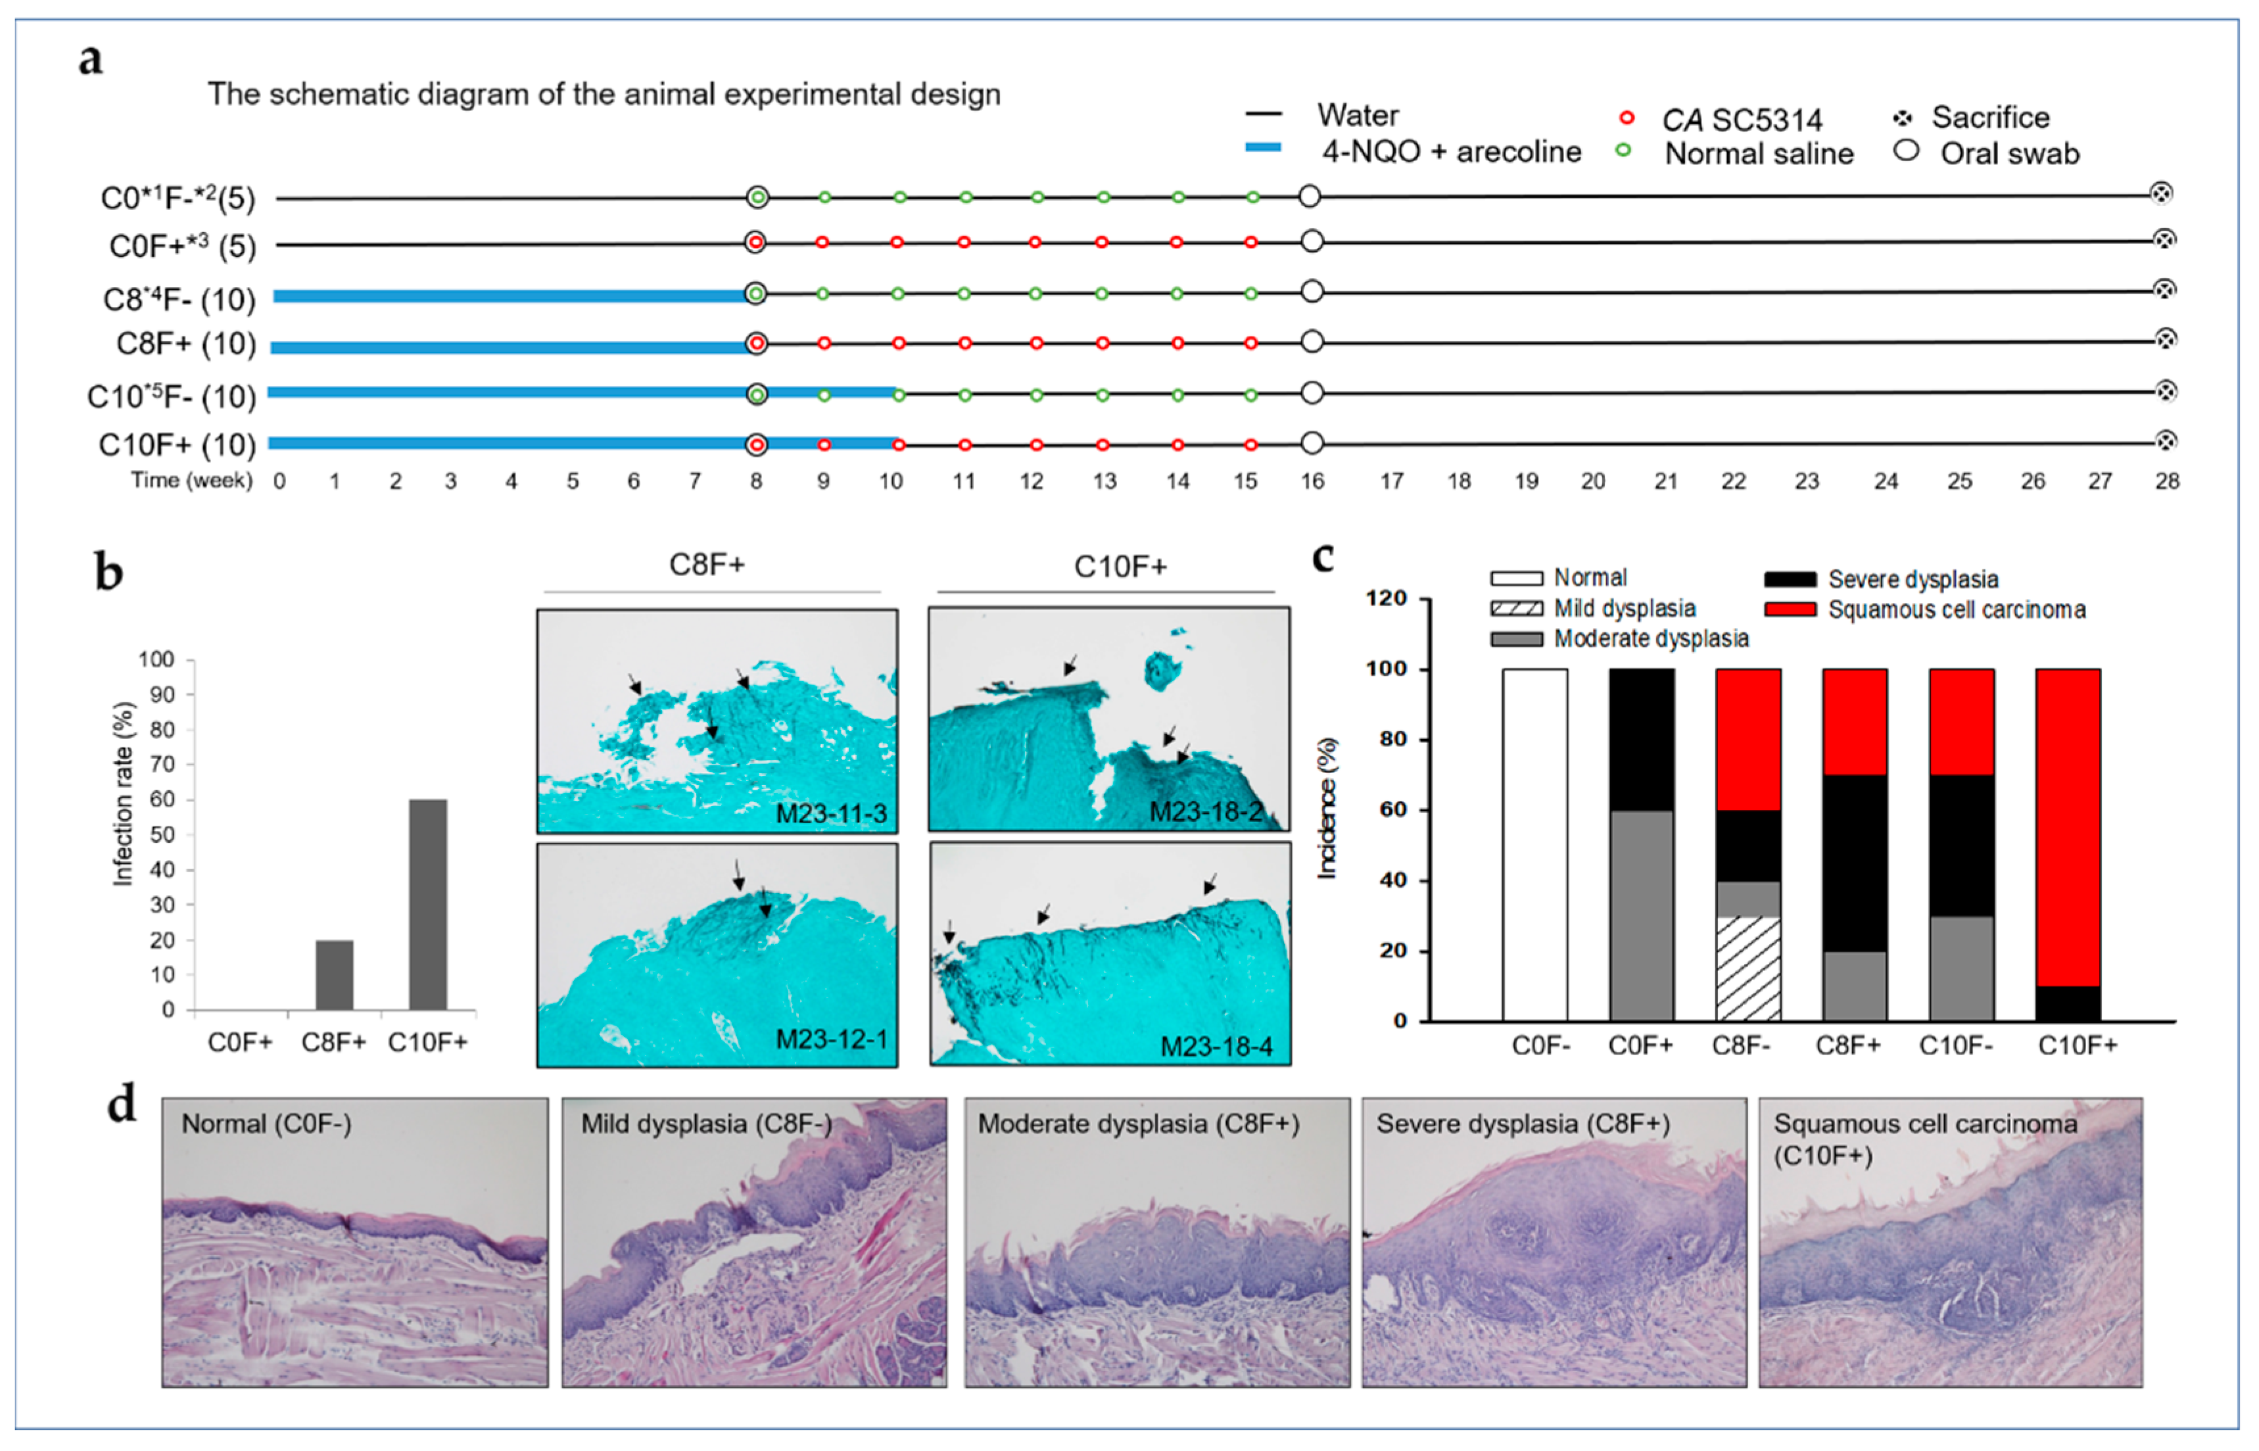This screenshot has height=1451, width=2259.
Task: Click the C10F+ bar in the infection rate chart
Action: click(428, 905)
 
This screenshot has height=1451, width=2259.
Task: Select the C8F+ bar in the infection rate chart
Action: click(335, 974)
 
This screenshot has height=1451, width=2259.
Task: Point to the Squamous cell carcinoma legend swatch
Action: click(1790, 609)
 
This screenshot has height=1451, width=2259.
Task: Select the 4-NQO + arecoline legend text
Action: click(1451, 152)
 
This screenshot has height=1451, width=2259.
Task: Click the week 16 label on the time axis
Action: click(1312, 481)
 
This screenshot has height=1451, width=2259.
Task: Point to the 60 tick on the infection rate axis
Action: click(162, 800)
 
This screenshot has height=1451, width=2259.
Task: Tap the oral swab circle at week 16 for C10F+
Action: click(1312, 444)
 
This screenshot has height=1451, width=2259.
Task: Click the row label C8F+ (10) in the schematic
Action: click(185, 345)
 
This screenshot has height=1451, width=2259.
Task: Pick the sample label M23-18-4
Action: click(1216, 1047)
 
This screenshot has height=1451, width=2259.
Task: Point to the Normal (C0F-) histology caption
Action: click(266, 1124)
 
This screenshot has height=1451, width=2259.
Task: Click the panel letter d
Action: click(122, 1105)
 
